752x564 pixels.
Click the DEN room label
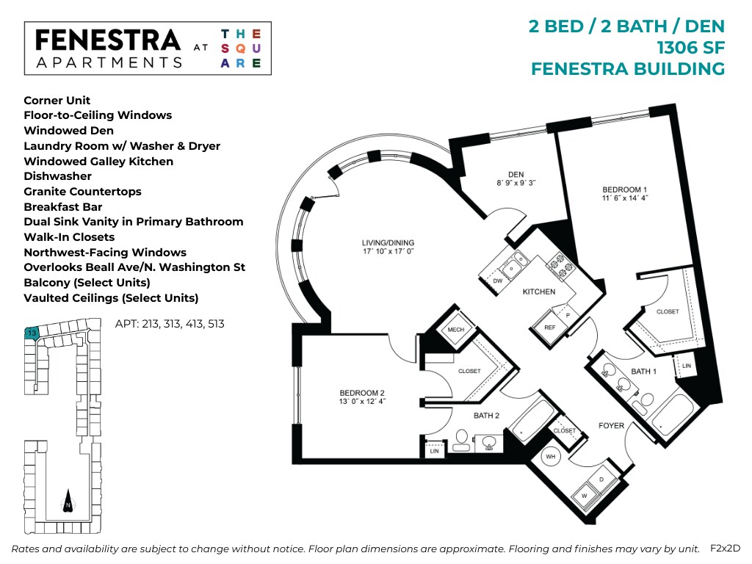[516, 174]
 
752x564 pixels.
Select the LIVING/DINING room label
[388, 242]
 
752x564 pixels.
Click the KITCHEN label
[538, 292]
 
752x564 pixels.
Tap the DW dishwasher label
[497, 281]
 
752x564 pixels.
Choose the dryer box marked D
[601, 480]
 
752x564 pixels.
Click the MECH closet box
[455, 330]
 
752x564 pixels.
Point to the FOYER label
[611, 425]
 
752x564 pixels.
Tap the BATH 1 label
[643, 372]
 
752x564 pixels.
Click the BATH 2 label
[486, 416]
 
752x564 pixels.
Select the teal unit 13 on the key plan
[31, 333]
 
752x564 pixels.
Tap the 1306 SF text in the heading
[691, 48]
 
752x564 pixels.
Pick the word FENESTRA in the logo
[107, 40]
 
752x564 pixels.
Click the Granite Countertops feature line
[82, 192]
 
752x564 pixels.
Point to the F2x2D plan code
[725, 548]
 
